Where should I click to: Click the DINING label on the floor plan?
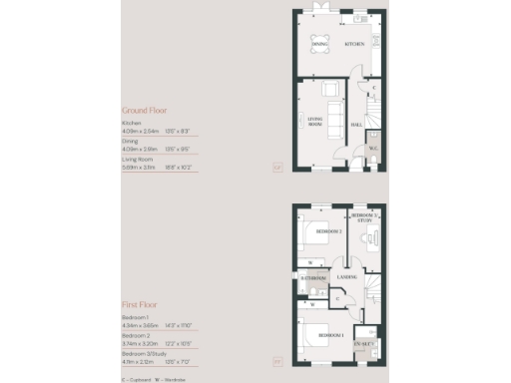click(319, 45)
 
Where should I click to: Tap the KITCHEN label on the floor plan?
click(354, 45)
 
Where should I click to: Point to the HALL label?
click(356, 126)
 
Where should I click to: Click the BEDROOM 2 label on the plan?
click(327, 231)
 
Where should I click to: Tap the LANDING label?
click(348, 276)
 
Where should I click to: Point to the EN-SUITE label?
click(362, 342)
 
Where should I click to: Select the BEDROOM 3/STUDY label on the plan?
click(363, 218)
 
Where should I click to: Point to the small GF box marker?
click(276, 167)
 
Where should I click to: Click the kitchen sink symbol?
click(358, 18)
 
